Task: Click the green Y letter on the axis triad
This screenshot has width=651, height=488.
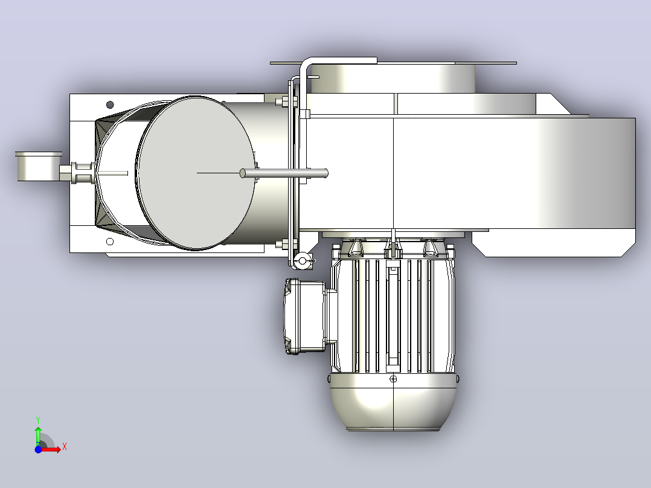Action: coord(38,420)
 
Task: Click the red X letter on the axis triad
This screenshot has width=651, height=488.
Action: coord(65,447)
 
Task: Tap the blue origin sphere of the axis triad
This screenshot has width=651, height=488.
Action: coord(38,449)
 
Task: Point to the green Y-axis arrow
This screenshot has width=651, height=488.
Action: coord(38,435)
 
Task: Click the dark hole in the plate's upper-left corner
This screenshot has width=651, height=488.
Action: coord(110,104)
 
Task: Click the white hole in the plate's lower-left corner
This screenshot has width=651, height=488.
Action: coord(110,242)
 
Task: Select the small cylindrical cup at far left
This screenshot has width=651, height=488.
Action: coord(39,166)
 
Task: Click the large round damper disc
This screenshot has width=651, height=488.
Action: coord(195,173)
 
